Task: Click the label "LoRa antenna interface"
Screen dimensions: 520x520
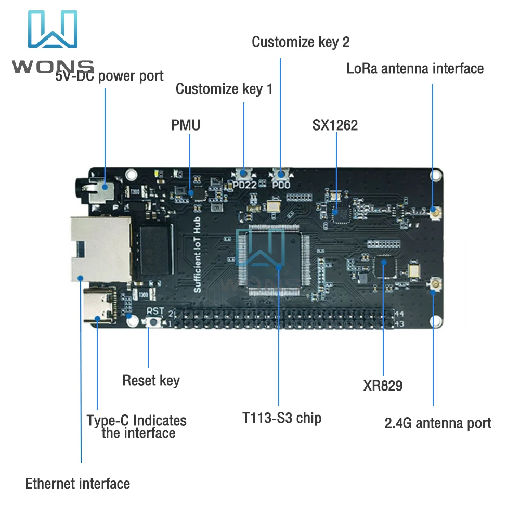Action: [415, 69]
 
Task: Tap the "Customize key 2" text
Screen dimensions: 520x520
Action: [301, 42]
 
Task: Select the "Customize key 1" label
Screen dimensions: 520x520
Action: [224, 89]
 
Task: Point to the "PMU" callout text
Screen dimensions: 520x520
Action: [186, 125]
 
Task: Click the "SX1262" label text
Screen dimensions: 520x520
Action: [335, 125]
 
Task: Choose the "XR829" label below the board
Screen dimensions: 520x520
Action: [383, 386]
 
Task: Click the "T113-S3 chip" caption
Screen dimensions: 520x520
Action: [282, 418]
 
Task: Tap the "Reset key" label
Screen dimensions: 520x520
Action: [151, 380]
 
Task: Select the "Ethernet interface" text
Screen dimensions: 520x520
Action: [77, 484]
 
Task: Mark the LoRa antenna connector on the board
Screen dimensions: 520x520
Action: [433, 210]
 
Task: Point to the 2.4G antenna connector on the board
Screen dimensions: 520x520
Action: [433, 284]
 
